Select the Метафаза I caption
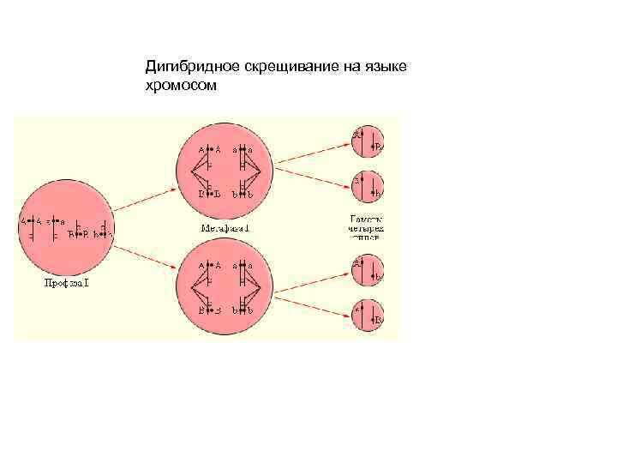[225, 228]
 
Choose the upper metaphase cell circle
[225, 170]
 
